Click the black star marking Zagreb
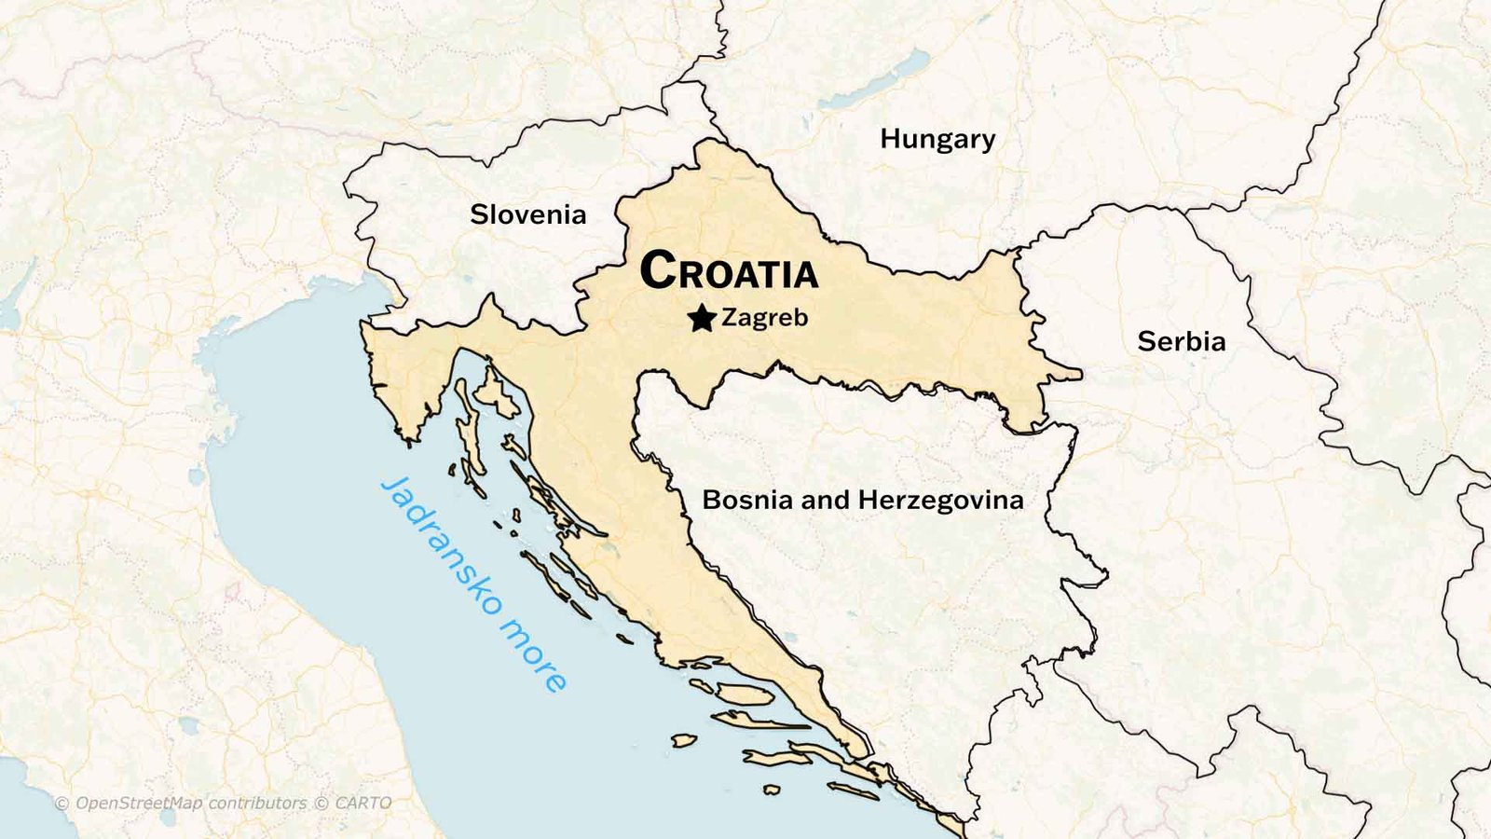click(x=702, y=319)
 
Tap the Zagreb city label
click(x=765, y=318)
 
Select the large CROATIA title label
click(x=729, y=271)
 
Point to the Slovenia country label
click(x=527, y=214)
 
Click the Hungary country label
click(x=937, y=140)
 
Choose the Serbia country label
click(x=1181, y=341)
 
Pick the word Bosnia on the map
click(x=747, y=500)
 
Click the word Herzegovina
click(x=940, y=501)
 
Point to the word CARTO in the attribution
click(x=363, y=804)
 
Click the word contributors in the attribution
click(x=257, y=804)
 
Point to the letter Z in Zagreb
click(x=730, y=318)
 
